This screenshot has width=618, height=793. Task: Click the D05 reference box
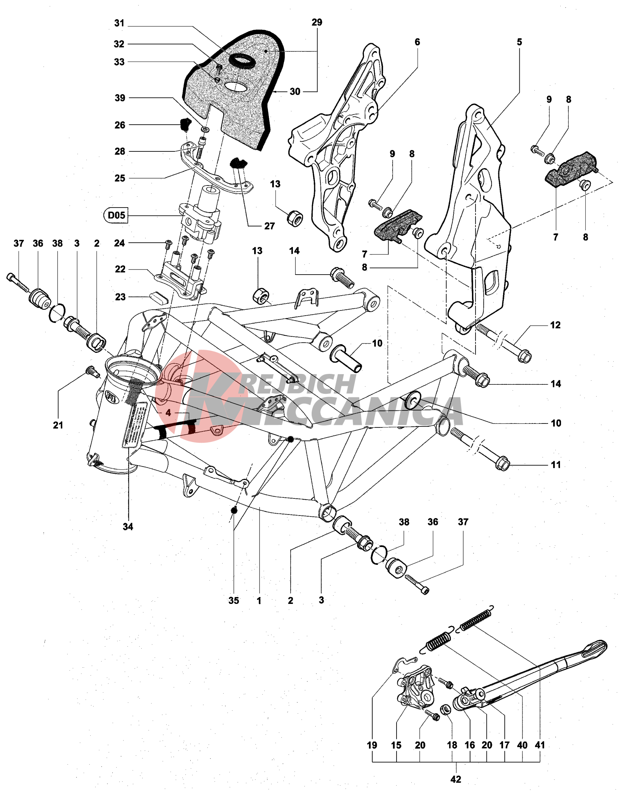pyautogui.click(x=116, y=215)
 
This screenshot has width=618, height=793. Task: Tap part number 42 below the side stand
pyautogui.click(x=456, y=779)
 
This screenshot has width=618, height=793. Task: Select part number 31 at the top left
pyautogui.click(x=119, y=23)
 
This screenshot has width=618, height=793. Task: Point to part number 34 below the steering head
pyautogui.click(x=128, y=526)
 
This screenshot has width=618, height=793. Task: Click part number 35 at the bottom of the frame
pyautogui.click(x=234, y=601)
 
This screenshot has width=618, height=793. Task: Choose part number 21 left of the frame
pyautogui.click(x=58, y=425)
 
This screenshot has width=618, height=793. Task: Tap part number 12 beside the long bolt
pyautogui.click(x=555, y=325)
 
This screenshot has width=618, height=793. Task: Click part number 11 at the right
pyautogui.click(x=556, y=465)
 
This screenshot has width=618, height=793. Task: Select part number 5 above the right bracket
pyautogui.click(x=519, y=42)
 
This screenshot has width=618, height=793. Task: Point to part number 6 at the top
pyautogui.click(x=417, y=42)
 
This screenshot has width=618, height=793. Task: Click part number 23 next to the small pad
pyautogui.click(x=120, y=297)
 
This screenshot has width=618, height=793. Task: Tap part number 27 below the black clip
pyautogui.click(x=269, y=226)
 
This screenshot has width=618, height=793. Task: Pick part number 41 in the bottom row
pyautogui.click(x=540, y=745)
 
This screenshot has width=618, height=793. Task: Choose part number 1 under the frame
pyautogui.click(x=259, y=601)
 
